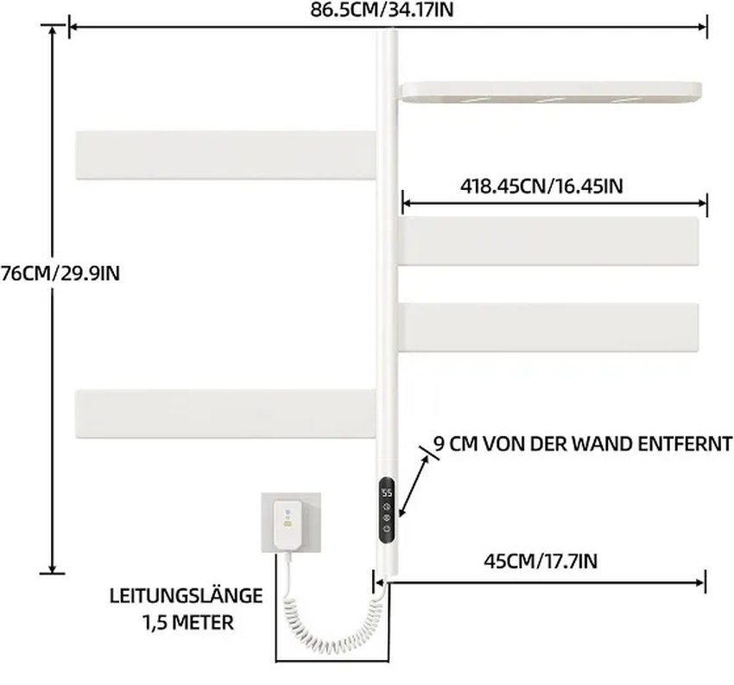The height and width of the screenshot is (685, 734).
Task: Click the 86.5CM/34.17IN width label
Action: pos(387,10)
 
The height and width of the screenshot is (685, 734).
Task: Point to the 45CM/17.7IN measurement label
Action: pos(540,561)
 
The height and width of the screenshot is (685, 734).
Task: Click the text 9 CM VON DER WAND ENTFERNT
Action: pos(583,444)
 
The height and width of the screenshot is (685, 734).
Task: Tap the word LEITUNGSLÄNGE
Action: pos(186,596)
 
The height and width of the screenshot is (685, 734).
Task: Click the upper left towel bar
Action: pos(225,155)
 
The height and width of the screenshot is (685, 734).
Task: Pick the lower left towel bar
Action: pos(225,415)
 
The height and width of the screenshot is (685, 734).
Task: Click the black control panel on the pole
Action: pos(386,510)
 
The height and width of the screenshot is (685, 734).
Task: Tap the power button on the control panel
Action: pos(386,530)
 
